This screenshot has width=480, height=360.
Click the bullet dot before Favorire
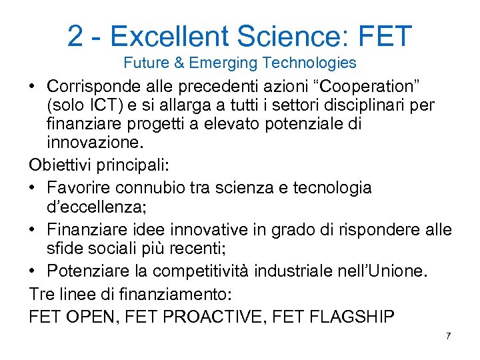(x=33, y=189)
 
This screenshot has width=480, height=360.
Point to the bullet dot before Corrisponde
(x=33, y=87)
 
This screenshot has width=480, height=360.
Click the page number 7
(x=448, y=336)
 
